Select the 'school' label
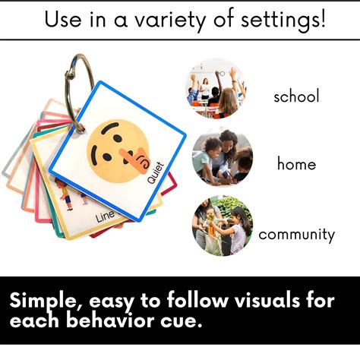(296, 96)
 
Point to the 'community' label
(296, 234)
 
